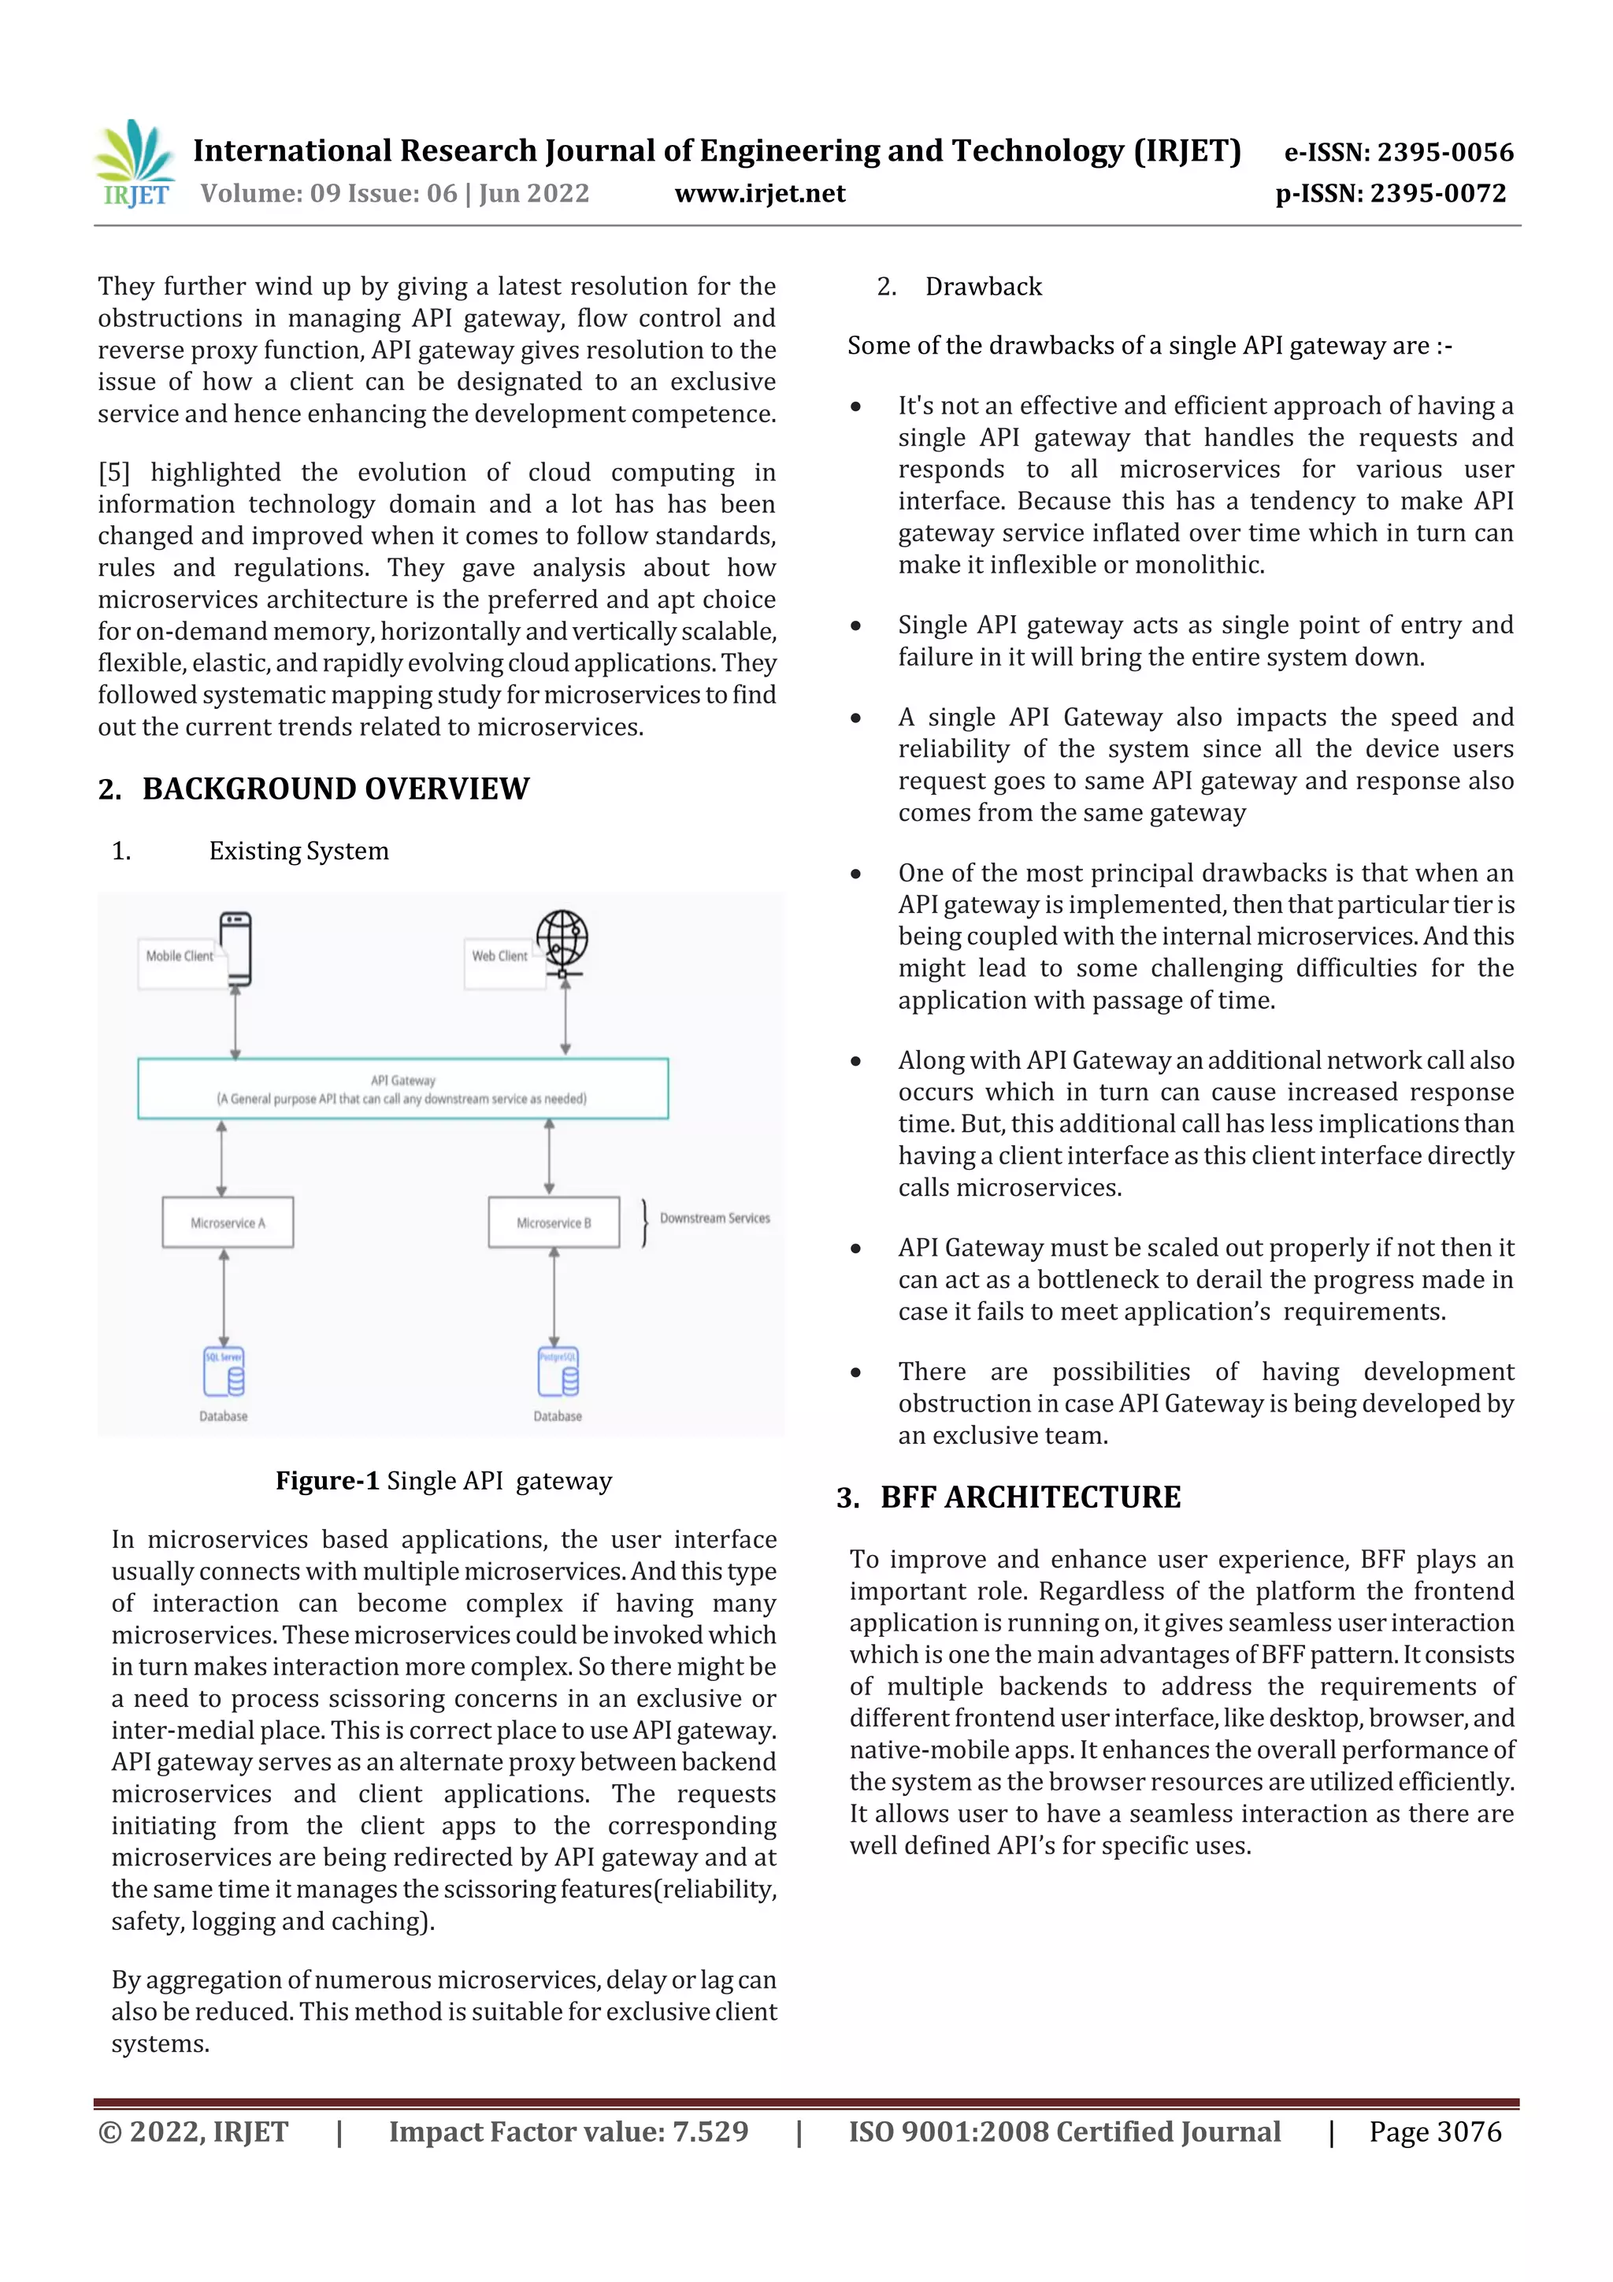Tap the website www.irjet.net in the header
(759, 194)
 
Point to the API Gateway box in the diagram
(402, 1089)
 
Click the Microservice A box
(228, 1223)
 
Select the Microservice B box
(554, 1223)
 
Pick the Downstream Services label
(714, 1219)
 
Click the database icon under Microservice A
(224, 1372)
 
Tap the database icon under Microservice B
(558, 1372)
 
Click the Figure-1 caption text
(443, 1481)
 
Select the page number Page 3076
(1434, 2132)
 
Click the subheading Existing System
(298, 852)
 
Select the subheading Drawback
(983, 288)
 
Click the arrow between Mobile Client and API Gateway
(235, 1024)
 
